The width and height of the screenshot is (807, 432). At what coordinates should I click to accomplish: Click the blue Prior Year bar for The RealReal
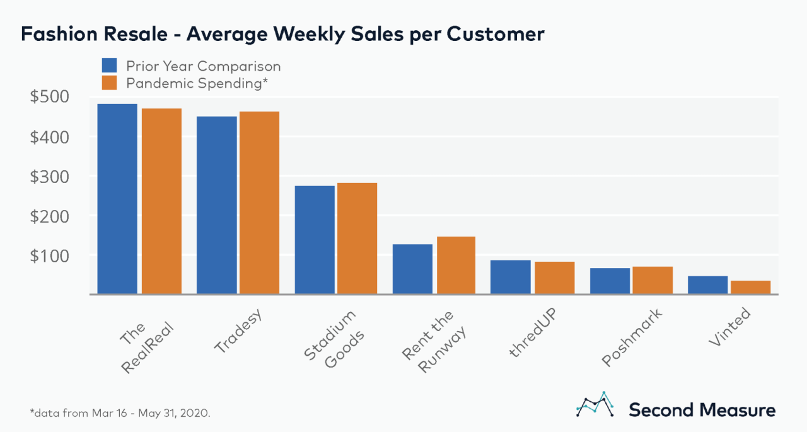(x=117, y=199)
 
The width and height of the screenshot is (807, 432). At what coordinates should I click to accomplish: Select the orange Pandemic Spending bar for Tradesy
(x=259, y=202)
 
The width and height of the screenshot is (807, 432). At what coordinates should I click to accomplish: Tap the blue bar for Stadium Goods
(x=315, y=240)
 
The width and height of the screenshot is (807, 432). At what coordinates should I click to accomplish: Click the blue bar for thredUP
(x=511, y=277)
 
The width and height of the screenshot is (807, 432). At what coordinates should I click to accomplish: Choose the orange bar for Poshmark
(x=653, y=280)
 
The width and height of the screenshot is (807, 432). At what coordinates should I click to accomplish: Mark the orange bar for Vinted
(x=750, y=287)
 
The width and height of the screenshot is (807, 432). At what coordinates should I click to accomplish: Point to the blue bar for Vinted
(x=707, y=285)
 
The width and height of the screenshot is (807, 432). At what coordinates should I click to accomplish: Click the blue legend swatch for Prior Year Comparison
(x=110, y=66)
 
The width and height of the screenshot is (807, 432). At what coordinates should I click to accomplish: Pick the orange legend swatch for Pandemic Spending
(x=110, y=83)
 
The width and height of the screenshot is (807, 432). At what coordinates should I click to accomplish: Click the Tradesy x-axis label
(x=238, y=332)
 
